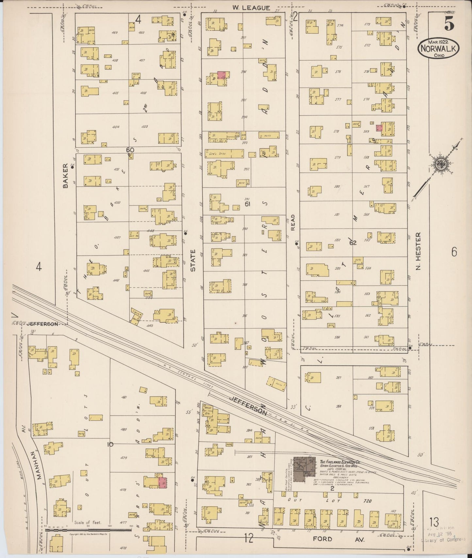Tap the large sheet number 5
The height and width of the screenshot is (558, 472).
(x=449, y=23)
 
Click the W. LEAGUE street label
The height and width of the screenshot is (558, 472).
(x=251, y=8)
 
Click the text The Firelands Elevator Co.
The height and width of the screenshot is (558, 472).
(x=340, y=462)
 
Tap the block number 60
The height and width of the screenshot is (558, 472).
(x=130, y=150)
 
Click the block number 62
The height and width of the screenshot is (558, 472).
(x=352, y=243)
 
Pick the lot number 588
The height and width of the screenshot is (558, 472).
(x=338, y=407)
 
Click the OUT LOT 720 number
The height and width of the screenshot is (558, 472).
(x=367, y=501)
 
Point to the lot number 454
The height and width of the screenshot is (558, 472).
(x=116, y=127)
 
